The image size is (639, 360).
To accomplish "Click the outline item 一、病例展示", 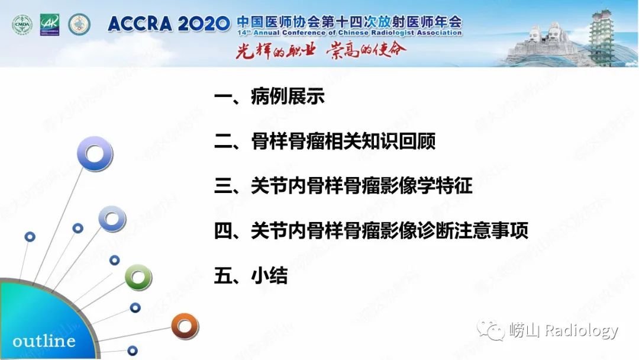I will tap(269, 97).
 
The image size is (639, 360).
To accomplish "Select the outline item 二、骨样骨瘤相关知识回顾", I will tap(325, 142).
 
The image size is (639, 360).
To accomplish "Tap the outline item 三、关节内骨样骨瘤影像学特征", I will tap(343, 187).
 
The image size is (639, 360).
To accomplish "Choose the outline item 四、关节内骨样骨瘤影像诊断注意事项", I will tap(371, 231).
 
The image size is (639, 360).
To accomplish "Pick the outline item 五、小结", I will tap(251, 275).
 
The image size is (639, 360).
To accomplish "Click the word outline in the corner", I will tap(44, 341).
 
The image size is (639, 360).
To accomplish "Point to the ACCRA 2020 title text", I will tap(169, 24).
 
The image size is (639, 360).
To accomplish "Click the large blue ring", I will tap(95, 154).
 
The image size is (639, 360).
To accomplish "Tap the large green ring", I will tap(138, 277).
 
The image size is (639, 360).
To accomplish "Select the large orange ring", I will tap(185, 326).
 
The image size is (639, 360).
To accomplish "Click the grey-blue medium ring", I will tap(112, 218).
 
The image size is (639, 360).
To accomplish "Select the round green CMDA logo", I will tap(22, 24).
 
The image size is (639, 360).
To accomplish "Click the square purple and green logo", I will tap(50, 24).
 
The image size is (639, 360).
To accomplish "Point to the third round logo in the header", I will tap(79, 24).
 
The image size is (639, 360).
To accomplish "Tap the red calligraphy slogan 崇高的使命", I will tap(366, 50).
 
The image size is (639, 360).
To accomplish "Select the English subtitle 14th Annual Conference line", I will tap(349, 33).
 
